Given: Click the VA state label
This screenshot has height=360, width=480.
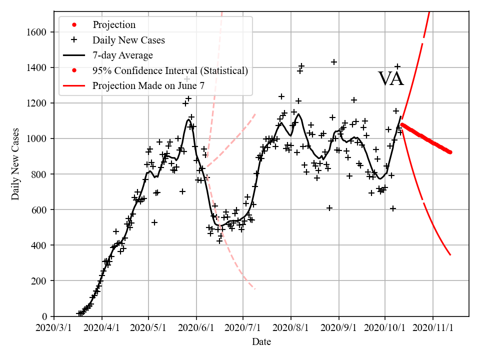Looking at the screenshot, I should tap(390, 79).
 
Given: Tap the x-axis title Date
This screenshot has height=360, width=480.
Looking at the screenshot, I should tap(261, 342).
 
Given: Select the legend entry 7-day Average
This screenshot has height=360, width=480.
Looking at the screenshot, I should tap(122, 55).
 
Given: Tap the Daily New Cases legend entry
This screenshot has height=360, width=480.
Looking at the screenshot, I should tap(128, 40).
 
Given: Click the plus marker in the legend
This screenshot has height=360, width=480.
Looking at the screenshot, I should tap(75, 40).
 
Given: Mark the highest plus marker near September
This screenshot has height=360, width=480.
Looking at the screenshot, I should tap(334, 62).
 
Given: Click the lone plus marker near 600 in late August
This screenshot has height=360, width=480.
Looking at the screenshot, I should tap(329, 208).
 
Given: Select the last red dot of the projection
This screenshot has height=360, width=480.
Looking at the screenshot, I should tap(450, 152).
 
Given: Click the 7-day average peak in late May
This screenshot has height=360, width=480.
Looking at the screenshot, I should tap(188, 119).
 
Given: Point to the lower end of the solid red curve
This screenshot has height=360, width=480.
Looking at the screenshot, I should tap(450, 255).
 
